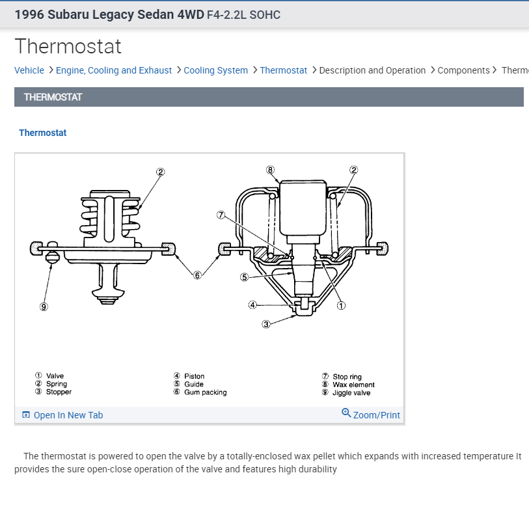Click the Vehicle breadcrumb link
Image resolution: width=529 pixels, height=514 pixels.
(x=29, y=70)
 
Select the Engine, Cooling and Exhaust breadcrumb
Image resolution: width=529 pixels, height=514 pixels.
(x=114, y=70)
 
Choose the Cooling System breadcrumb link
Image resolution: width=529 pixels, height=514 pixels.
(x=215, y=70)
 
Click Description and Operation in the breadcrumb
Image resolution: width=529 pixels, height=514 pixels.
(x=372, y=70)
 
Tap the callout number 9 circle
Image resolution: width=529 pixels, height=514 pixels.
(x=44, y=307)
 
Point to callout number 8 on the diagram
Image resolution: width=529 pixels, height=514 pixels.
(x=271, y=170)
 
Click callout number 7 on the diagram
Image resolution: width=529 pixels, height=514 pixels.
(x=221, y=215)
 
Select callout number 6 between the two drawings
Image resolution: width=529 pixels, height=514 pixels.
(x=197, y=275)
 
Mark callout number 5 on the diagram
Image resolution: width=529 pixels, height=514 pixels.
(x=244, y=277)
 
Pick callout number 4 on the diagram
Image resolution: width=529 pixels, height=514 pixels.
(x=252, y=304)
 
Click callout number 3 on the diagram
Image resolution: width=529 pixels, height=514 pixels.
(x=266, y=325)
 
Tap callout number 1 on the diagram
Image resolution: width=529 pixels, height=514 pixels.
(x=341, y=305)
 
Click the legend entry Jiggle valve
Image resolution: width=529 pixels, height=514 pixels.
(x=351, y=393)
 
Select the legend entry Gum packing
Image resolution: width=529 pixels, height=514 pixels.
(x=205, y=392)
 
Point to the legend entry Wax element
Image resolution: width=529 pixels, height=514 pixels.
(x=353, y=385)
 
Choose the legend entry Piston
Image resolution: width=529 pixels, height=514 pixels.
(x=194, y=376)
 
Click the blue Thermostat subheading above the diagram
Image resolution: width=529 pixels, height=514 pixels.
(x=43, y=133)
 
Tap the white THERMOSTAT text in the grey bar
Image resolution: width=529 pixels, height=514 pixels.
(x=53, y=97)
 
